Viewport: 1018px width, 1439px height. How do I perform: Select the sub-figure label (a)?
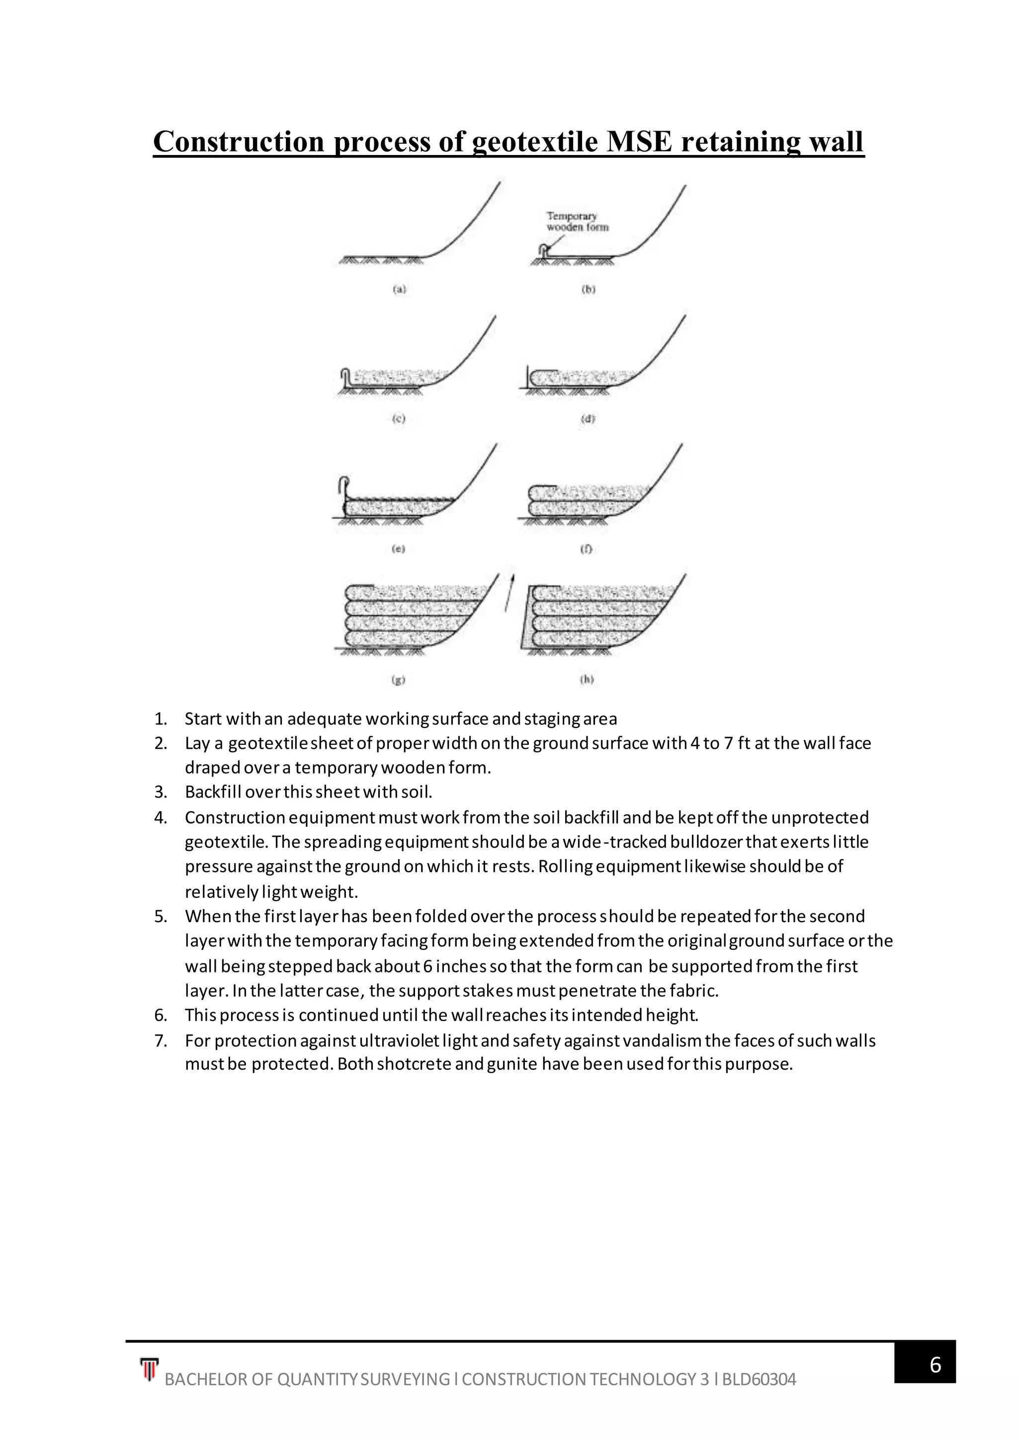pyautogui.click(x=399, y=290)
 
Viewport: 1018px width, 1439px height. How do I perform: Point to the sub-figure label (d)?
pyautogui.click(x=588, y=419)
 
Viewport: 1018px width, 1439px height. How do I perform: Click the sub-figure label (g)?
pyautogui.click(x=398, y=679)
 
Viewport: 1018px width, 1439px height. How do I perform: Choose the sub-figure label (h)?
pyautogui.click(x=588, y=679)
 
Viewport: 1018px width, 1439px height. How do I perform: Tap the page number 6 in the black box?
pyautogui.click(x=934, y=1364)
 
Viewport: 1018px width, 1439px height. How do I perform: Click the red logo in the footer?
pyautogui.click(x=149, y=1369)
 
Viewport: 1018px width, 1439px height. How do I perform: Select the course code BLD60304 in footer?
pyautogui.click(x=759, y=1379)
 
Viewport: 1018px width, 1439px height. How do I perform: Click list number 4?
pyautogui.click(x=161, y=818)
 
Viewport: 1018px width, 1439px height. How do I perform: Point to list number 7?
pyautogui.click(x=161, y=1041)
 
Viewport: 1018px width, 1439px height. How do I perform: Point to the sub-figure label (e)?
pyautogui.click(x=398, y=549)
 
